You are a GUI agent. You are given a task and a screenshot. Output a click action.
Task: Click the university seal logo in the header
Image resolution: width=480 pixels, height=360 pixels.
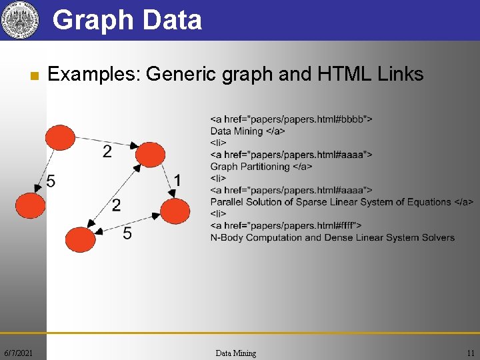pos(18,20)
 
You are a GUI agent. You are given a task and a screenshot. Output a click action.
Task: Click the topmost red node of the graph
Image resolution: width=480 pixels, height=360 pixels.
pos(60,137)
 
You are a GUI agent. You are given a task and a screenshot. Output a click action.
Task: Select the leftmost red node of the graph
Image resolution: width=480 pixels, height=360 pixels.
pos(29,205)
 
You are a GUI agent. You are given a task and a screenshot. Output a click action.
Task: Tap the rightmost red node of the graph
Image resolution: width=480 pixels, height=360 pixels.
pos(175,211)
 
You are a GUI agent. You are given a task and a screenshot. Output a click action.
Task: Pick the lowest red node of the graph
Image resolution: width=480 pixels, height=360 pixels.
pos(81,239)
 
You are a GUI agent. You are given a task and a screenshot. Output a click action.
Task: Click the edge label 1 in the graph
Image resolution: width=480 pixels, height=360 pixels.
pos(177,180)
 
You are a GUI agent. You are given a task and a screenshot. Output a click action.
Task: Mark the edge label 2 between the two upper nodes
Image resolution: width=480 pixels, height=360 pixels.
pos(107,152)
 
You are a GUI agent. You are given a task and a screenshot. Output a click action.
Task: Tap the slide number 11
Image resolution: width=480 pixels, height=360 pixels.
pos(471,353)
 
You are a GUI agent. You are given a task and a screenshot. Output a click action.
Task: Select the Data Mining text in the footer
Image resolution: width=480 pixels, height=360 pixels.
pos(236,353)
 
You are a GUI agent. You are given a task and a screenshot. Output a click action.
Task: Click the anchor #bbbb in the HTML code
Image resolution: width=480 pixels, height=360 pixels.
pos(353,119)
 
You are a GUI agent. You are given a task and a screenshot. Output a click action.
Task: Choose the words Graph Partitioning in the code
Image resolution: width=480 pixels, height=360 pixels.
pos(250,167)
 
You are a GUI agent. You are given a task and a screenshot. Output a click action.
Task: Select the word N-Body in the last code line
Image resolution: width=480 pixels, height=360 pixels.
pos(227,237)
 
